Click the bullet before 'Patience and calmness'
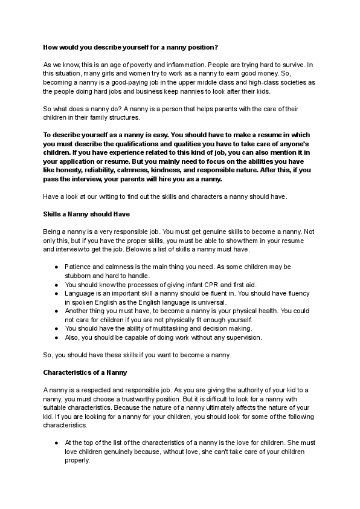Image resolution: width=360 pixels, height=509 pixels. click(x=56, y=267)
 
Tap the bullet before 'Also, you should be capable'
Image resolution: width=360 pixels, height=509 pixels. click(x=56, y=337)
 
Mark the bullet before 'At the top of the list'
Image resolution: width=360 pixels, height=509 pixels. click(x=56, y=442)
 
